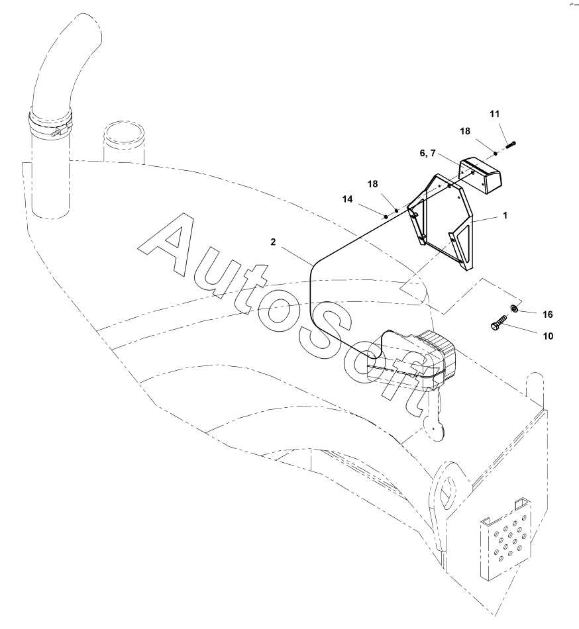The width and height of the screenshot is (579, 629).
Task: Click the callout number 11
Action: pos(494,115)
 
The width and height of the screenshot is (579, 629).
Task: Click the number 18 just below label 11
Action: pos(466,131)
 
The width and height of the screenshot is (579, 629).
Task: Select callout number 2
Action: pos(273,242)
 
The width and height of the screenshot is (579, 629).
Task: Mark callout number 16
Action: pos(547,314)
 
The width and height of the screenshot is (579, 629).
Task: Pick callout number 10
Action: pos(547,336)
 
